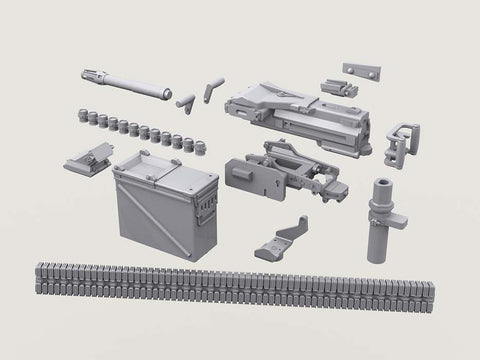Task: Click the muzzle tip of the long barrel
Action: coord(87,73)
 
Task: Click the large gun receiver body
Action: coord(290,110)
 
